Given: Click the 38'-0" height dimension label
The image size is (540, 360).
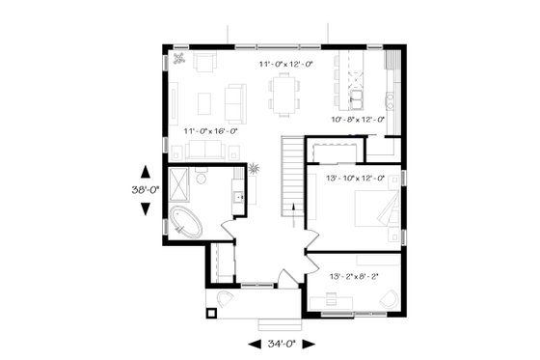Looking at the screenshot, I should click(145, 190).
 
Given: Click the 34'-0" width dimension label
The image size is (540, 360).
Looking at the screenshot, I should click(278, 344).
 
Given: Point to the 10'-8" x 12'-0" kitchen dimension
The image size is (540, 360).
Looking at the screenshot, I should click(358, 120).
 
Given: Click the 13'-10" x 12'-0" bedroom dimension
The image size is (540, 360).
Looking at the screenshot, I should click(358, 178).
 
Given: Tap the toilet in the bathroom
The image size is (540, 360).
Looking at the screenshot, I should click(202, 177).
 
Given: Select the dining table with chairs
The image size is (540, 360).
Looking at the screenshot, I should click(283, 95).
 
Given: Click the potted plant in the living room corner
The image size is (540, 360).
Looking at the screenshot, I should click(179, 60).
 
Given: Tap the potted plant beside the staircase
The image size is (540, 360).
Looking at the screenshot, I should click(254, 169).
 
